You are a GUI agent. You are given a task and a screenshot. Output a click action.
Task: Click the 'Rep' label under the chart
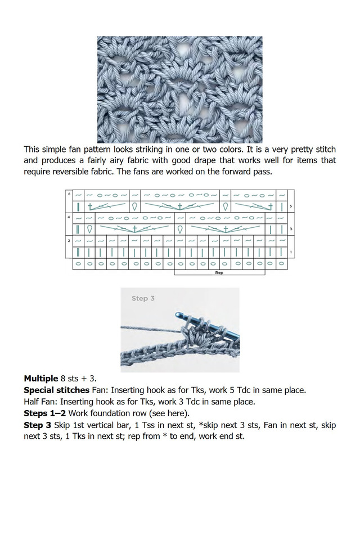(x=219, y=272)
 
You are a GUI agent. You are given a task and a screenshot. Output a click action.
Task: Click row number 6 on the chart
(x=69, y=194)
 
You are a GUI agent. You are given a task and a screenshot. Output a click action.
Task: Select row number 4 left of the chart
(x=69, y=217)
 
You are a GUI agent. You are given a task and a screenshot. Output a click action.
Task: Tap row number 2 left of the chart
(x=69, y=240)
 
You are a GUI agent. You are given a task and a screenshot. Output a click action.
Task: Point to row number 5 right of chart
(x=290, y=206)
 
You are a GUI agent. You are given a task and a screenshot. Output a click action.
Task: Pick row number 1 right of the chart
(x=290, y=252)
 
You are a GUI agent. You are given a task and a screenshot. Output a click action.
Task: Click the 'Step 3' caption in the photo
(x=143, y=298)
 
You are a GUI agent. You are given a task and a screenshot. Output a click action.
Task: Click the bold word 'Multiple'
(x=40, y=378)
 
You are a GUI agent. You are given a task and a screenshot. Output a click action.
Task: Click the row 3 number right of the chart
(x=290, y=229)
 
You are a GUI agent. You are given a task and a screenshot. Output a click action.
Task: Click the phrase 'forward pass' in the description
(x=245, y=172)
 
